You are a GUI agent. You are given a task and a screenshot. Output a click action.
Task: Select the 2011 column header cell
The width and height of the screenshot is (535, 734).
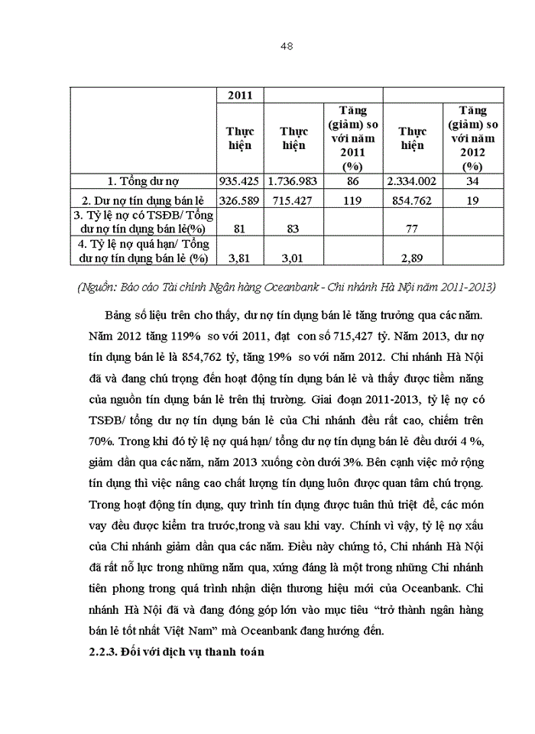[240, 96]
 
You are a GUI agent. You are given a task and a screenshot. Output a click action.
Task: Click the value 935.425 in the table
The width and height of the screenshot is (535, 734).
[240, 182]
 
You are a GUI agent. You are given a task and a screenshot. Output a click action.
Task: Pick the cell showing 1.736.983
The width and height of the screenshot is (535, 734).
[293, 182]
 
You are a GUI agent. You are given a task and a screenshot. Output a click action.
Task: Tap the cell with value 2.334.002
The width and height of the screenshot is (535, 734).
[412, 182]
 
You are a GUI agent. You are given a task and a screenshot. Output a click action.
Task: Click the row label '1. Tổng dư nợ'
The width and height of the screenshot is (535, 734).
[143, 182]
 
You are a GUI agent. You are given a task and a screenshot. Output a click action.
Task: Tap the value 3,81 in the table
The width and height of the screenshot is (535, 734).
[240, 258]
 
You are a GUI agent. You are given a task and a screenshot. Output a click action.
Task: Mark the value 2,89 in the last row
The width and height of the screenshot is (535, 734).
[412, 258]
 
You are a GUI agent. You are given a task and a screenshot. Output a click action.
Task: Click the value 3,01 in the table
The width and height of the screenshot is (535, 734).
[293, 258]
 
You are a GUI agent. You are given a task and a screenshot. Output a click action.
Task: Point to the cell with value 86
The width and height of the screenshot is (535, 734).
[352, 182]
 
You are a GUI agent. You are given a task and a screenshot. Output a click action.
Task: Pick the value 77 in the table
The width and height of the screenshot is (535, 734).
[412, 228]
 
